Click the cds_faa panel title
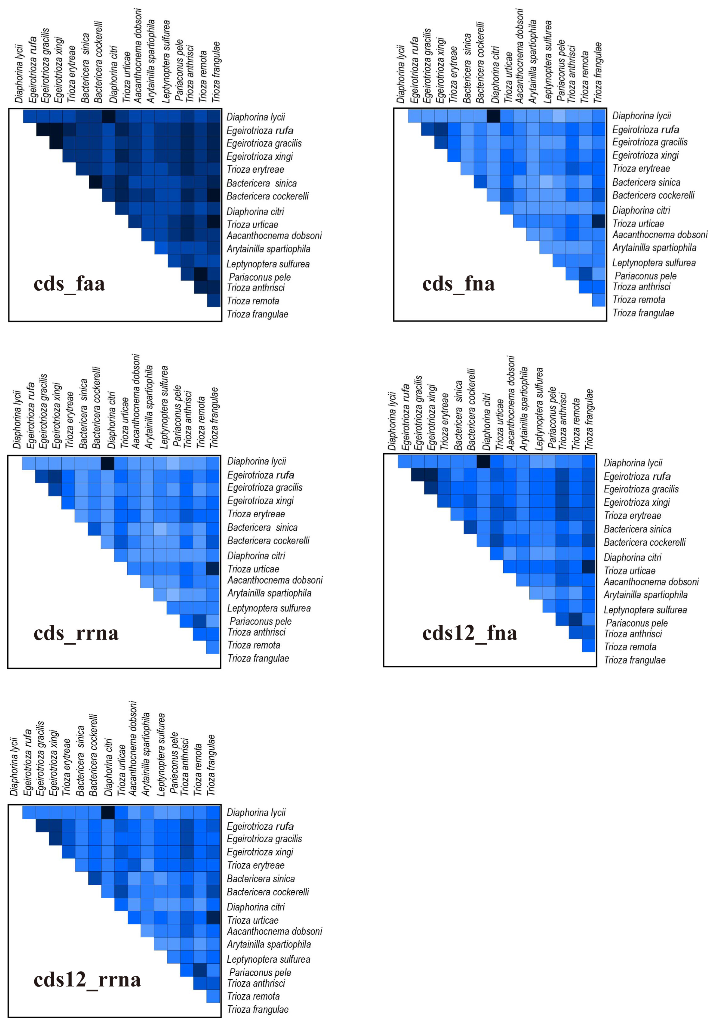(69, 284)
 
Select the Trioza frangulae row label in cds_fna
(643, 313)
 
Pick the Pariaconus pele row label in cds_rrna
(261, 621)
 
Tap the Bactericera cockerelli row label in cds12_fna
(644, 542)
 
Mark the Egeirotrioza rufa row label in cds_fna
(645, 130)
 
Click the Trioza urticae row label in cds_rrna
(253, 569)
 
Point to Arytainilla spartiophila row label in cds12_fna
(645, 595)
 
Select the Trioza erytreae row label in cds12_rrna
(256, 865)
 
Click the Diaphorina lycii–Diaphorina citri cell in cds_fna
(493, 115)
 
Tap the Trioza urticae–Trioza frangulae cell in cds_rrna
(213, 569)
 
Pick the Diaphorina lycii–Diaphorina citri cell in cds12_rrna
(108, 812)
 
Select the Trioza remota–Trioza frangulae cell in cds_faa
(214, 300)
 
